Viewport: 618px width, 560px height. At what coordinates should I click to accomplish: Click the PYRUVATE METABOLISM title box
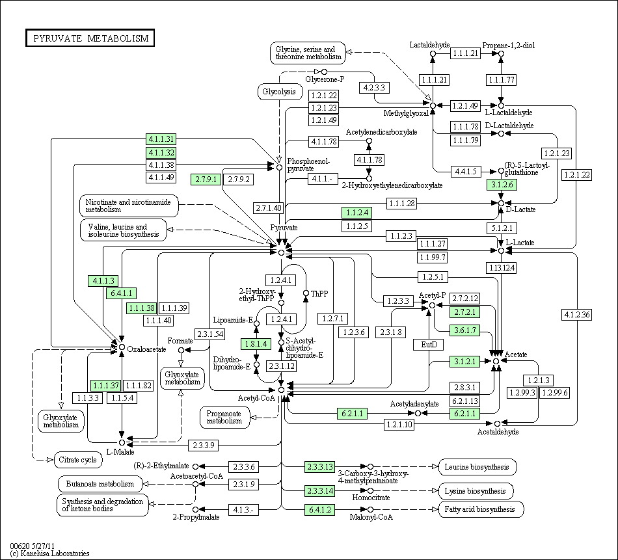(90, 38)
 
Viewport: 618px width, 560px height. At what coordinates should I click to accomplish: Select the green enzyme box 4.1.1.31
(161, 139)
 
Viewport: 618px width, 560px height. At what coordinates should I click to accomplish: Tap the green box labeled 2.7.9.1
(205, 179)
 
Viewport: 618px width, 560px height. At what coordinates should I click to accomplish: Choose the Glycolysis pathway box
(279, 92)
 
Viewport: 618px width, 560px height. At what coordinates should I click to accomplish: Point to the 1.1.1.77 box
(501, 80)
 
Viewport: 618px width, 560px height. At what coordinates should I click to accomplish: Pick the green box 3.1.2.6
(501, 185)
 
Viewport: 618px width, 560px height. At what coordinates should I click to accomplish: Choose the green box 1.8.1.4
(256, 343)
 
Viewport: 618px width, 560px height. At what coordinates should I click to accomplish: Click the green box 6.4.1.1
(122, 293)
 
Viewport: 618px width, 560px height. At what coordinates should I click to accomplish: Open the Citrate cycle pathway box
(78, 460)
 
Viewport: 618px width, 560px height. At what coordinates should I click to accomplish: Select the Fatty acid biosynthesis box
(481, 509)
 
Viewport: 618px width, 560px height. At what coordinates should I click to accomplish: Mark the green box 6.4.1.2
(319, 509)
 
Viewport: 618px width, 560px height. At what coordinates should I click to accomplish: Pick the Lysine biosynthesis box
(476, 490)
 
